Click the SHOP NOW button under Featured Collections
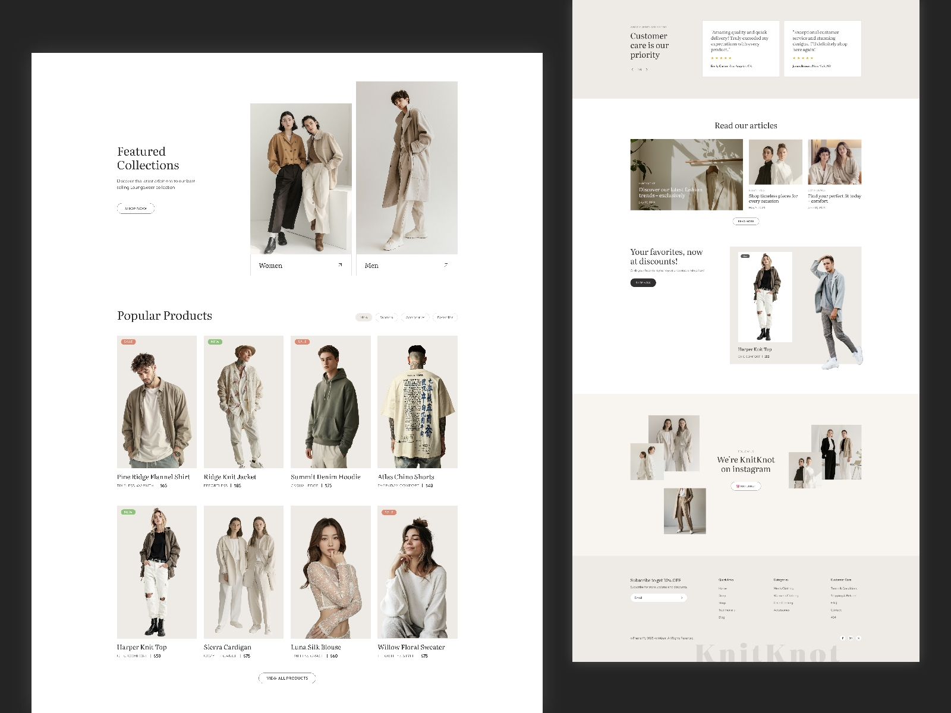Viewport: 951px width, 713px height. pos(136,209)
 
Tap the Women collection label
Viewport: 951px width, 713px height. pos(270,266)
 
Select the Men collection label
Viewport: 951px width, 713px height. pos(371,266)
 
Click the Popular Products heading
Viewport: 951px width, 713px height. pos(165,316)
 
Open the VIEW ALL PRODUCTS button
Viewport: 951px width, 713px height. pos(287,678)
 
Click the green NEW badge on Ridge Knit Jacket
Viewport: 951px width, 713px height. pos(215,342)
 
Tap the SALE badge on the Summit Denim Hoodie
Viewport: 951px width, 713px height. pos(302,342)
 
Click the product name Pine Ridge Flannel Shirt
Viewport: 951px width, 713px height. pos(153,477)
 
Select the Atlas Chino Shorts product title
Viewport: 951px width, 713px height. pos(406,477)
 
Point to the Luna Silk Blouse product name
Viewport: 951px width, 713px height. pos(316,647)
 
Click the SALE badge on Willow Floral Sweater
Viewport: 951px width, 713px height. pos(389,512)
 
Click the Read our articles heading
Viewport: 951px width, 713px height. pos(746,125)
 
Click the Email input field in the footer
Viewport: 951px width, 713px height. pos(654,598)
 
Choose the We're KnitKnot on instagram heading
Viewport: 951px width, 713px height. pos(746,464)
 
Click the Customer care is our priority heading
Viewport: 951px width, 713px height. pos(649,46)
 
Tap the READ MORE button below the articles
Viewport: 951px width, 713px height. pos(746,222)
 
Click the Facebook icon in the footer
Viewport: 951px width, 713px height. pos(842,638)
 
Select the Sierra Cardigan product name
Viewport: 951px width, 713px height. pos(228,647)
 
